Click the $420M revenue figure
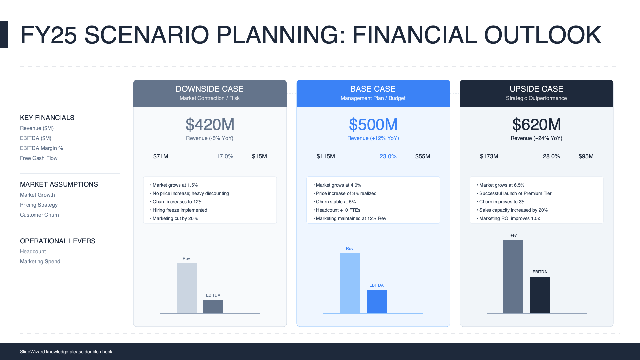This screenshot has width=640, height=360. coord(210,125)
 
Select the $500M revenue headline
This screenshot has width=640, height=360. coord(373,125)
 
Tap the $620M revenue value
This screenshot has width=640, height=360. coord(537,125)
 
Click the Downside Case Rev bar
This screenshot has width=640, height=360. coord(187,288)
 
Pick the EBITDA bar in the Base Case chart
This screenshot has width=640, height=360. coord(377,302)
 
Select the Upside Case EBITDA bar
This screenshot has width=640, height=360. coord(540,295)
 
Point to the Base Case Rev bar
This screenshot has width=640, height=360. coord(350,283)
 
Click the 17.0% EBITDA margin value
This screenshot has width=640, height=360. coord(225,156)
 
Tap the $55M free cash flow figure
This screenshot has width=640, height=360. coord(423,156)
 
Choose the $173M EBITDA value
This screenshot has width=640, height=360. coord(489,156)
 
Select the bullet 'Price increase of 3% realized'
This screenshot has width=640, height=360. coord(345,193)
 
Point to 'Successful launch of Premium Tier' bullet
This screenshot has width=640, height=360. coord(514,193)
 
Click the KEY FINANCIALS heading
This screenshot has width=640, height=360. coord(47,118)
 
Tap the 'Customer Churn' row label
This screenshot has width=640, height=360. coord(39,215)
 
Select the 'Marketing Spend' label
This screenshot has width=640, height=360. coord(40,262)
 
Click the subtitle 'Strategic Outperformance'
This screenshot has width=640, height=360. coord(536,98)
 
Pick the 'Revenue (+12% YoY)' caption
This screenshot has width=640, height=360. coord(373,138)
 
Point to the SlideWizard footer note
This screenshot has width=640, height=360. coord(66,352)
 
